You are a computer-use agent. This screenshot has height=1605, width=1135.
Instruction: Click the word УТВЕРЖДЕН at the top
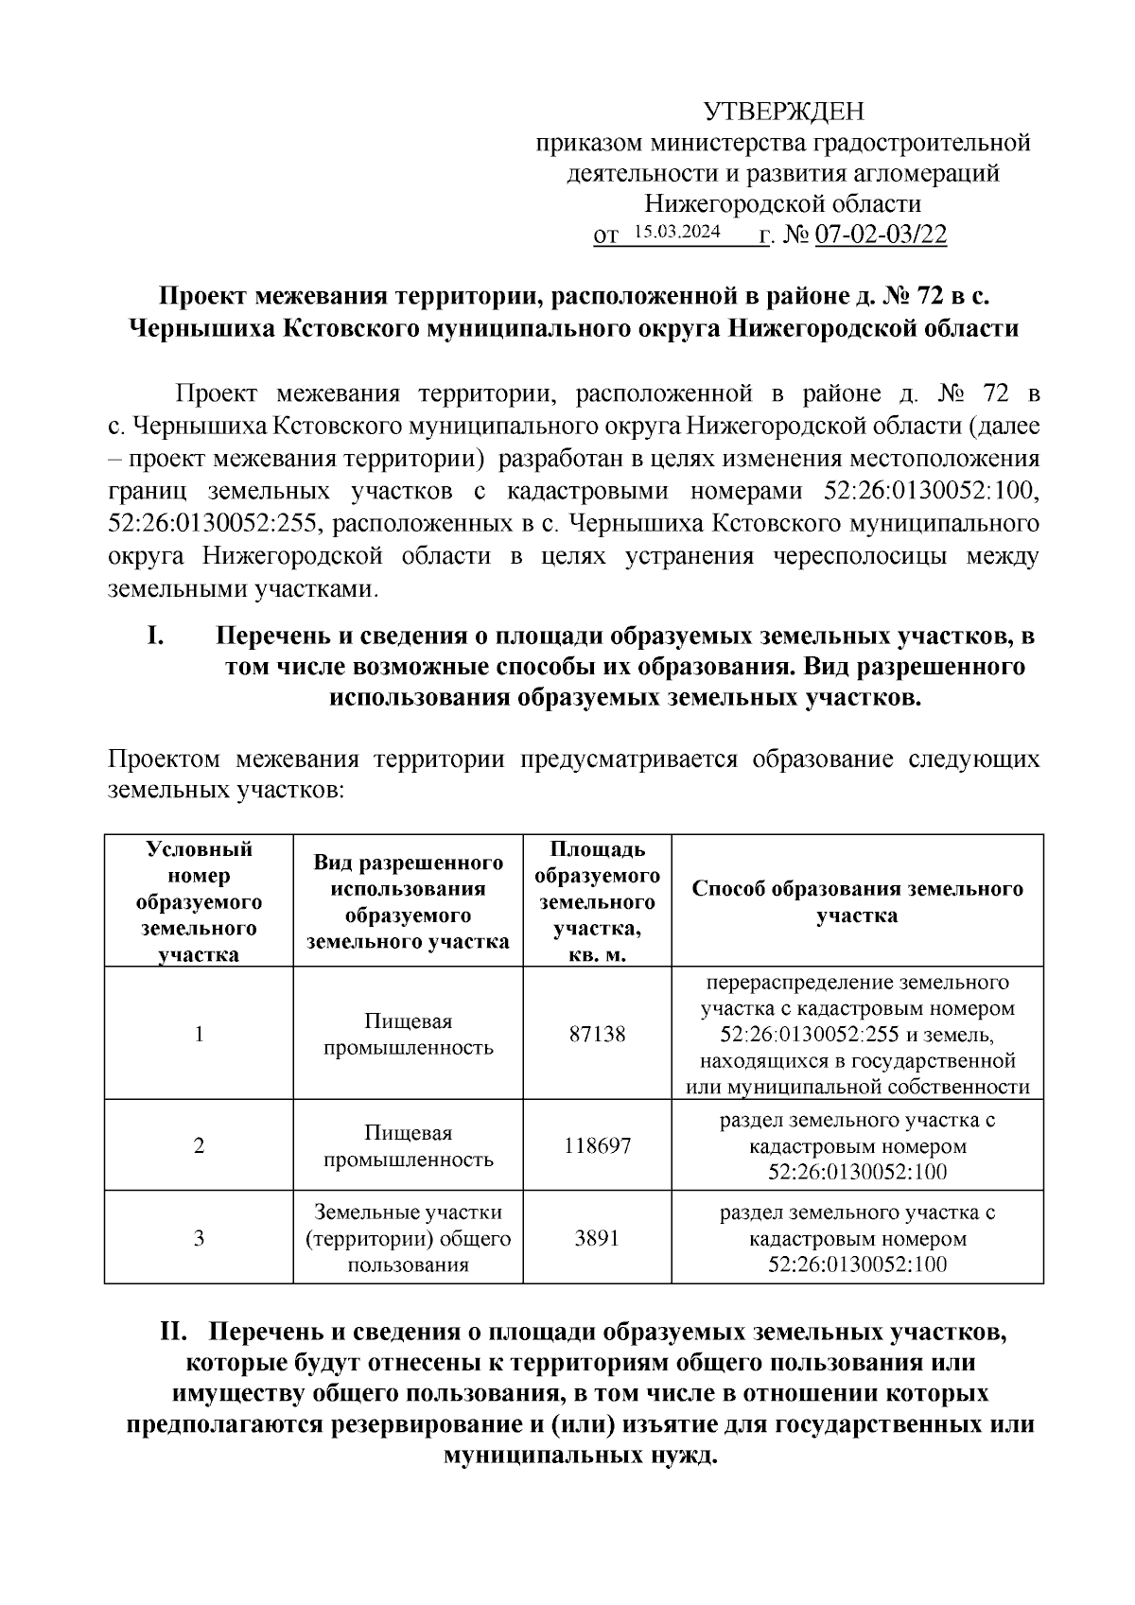click(784, 113)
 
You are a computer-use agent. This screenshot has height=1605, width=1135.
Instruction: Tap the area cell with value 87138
click(597, 1034)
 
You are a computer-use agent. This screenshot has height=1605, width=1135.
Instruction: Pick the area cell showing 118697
click(597, 1146)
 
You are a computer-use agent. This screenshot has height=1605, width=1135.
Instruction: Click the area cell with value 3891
click(597, 1237)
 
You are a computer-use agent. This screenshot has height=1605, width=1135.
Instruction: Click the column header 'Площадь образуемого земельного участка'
click(597, 900)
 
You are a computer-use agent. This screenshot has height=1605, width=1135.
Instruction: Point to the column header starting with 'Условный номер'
click(199, 900)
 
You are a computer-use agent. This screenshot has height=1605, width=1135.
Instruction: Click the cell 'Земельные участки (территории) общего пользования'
click(408, 1238)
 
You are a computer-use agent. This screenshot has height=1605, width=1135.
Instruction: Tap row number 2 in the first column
click(199, 1146)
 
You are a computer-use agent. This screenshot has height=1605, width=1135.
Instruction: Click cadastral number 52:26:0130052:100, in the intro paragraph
click(926, 492)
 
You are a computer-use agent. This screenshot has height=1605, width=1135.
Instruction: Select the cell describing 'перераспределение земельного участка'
click(857, 1034)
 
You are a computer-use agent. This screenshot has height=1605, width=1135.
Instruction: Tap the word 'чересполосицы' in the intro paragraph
click(854, 555)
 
